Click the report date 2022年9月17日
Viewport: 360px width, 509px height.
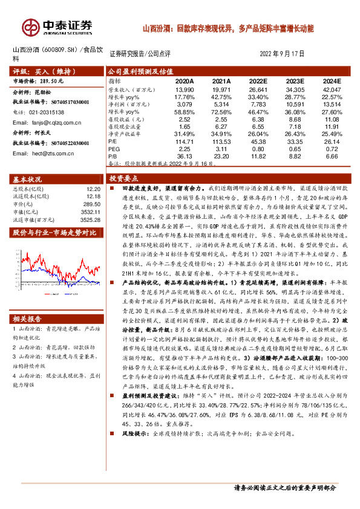[281, 54]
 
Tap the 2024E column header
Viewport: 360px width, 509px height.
[331, 80]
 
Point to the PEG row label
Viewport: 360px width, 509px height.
[114, 148]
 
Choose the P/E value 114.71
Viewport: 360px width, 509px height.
[184, 141]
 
